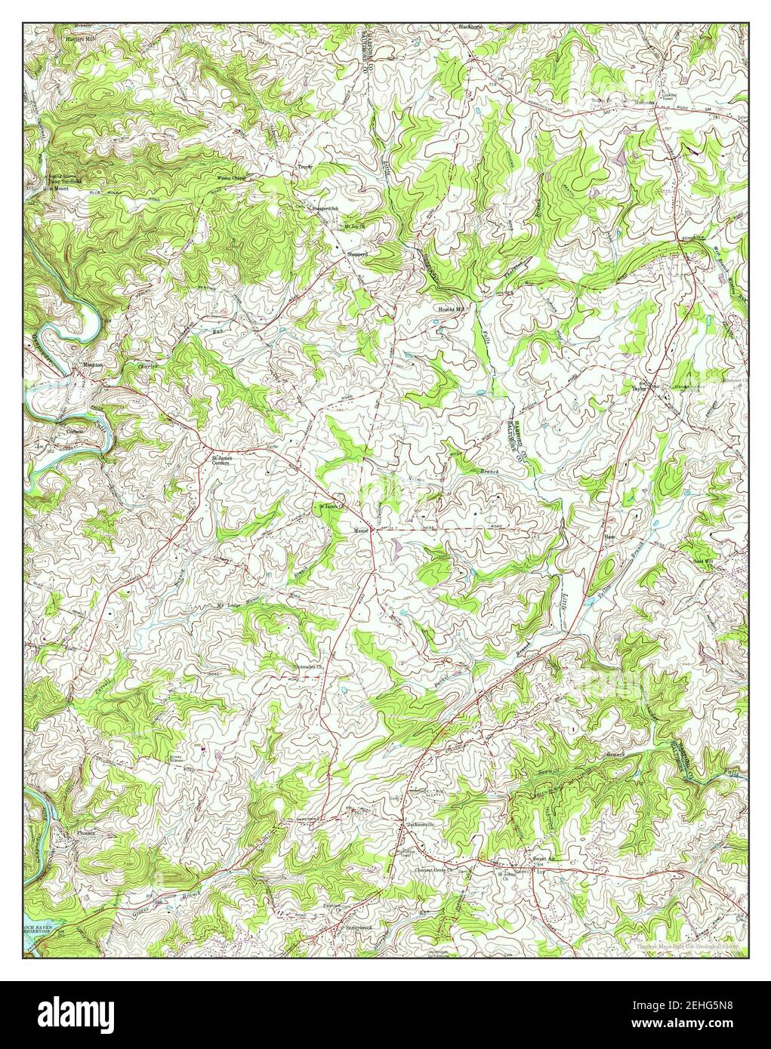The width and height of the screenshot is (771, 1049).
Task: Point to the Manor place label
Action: tap(360, 530)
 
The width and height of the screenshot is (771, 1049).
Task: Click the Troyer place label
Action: tap(304, 166)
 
